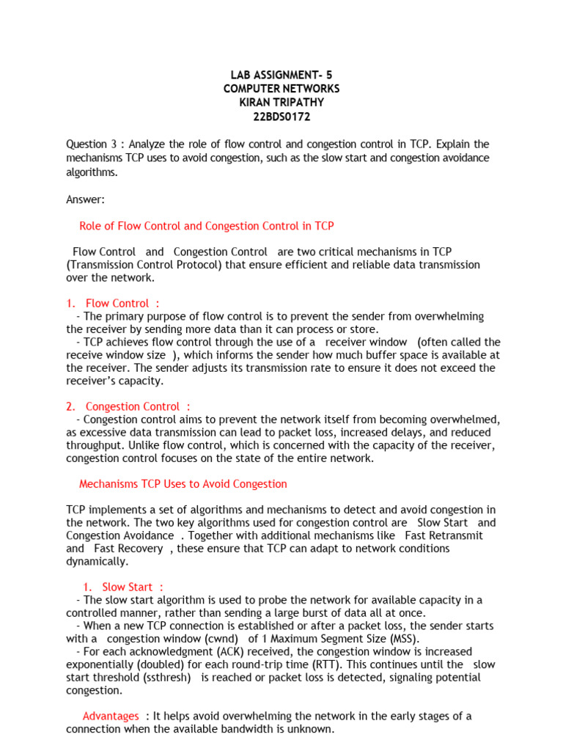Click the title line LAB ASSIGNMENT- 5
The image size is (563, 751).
point(281,76)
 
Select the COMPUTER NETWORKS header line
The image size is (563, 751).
point(281,89)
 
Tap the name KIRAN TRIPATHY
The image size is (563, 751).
point(281,103)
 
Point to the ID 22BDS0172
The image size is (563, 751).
point(281,117)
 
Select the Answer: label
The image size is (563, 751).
point(86,199)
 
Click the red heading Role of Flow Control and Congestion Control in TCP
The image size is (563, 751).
point(206,227)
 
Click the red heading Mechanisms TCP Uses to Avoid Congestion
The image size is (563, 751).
point(183,484)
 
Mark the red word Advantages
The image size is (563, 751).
point(111,716)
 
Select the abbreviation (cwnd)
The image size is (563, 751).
point(211,639)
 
